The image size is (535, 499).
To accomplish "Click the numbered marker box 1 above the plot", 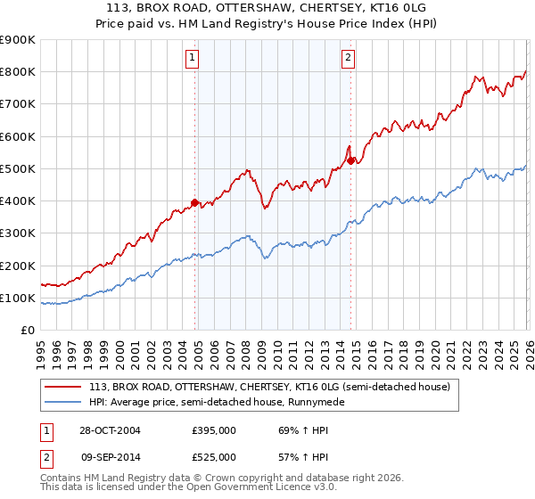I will pos(193,59).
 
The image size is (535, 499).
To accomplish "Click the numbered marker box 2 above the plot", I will pos(348,59).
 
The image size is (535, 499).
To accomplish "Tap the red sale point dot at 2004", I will pos(195,202).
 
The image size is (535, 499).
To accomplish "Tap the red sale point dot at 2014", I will pos(350,160).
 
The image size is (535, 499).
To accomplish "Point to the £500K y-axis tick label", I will pos(17,168).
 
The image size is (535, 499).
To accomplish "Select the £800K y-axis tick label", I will pos(17,72).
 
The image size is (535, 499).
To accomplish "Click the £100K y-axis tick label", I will pos(17,298).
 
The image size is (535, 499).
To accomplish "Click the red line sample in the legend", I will pos(64,387).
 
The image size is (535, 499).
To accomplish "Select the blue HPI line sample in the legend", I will pos(64,403).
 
